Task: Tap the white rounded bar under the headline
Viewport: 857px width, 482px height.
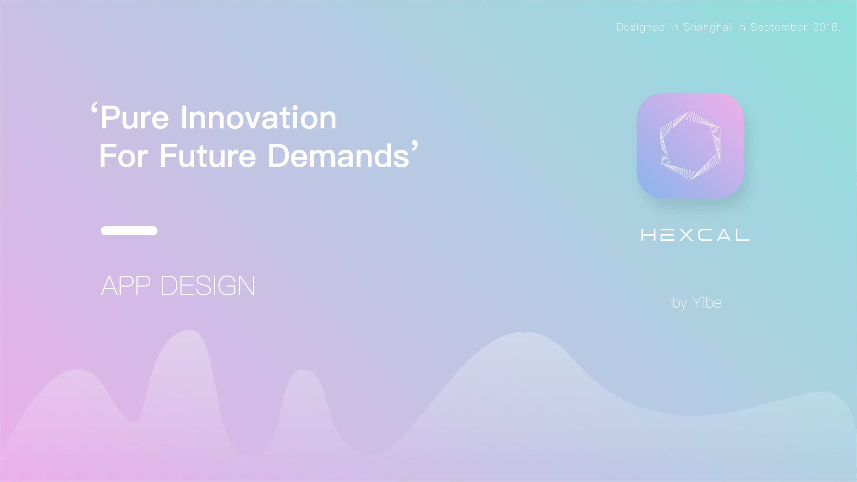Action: pyautogui.click(x=129, y=231)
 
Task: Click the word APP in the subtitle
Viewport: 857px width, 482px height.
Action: pyautogui.click(x=126, y=286)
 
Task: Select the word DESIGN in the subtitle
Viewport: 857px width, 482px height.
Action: pyautogui.click(x=208, y=286)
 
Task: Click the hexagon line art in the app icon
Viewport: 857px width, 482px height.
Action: pyautogui.click(x=690, y=145)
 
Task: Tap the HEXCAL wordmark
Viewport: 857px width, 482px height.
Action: pyautogui.click(x=695, y=235)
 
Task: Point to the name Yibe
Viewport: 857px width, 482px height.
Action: pyautogui.click(x=706, y=303)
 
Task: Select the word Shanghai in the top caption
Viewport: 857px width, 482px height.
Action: pyautogui.click(x=707, y=27)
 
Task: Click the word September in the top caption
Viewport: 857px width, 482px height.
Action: pyautogui.click(x=779, y=27)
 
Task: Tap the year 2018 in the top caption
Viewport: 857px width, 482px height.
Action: pyautogui.click(x=826, y=27)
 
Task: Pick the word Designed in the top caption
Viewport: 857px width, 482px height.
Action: pyautogui.click(x=641, y=27)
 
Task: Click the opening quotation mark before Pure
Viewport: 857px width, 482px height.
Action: pyautogui.click(x=94, y=109)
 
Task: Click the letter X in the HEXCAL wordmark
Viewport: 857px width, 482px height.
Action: pyautogui.click(x=686, y=235)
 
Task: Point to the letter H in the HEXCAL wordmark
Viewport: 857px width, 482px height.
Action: pyautogui.click(x=648, y=235)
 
